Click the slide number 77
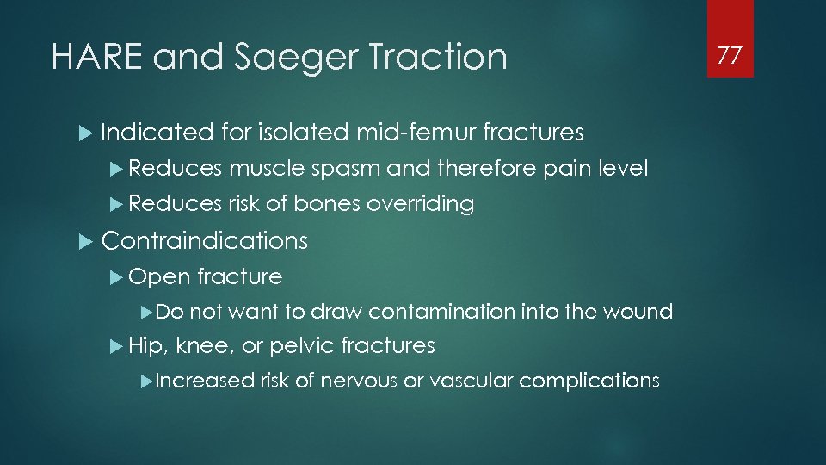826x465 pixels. [x=730, y=56]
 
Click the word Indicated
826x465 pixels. [x=157, y=132]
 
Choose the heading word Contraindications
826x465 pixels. [x=204, y=240]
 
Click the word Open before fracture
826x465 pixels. [x=159, y=276]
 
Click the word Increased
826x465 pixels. [x=205, y=380]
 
